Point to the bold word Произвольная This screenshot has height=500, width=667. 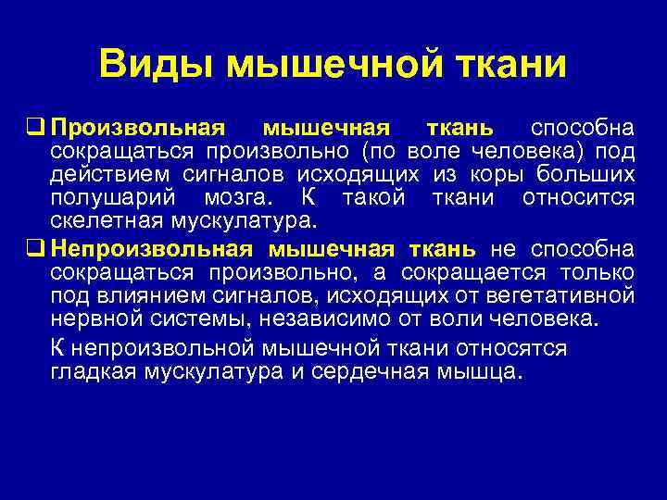(138, 127)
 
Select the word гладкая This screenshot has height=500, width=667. (93, 372)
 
